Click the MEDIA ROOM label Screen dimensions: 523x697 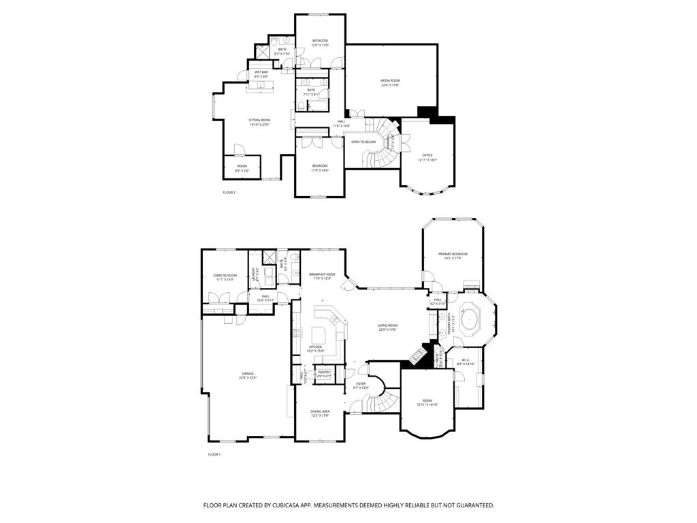(x=389, y=81)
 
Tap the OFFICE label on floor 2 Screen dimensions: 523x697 (x=427, y=155)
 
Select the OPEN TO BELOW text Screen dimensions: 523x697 (x=363, y=142)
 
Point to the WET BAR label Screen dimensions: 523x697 (x=261, y=72)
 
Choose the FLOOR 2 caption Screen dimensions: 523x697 (x=229, y=193)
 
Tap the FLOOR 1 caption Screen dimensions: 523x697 (x=214, y=454)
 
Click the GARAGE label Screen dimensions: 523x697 (x=247, y=373)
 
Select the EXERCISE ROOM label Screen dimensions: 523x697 (x=225, y=275)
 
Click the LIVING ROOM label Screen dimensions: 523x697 (x=387, y=326)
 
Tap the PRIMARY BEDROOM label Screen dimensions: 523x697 (x=453, y=254)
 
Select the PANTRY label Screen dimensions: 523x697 (x=324, y=372)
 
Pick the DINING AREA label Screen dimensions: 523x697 (x=320, y=411)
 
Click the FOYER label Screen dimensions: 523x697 (x=361, y=383)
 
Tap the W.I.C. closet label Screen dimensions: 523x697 (x=466, y=360)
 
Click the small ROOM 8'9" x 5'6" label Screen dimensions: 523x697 (x=242, y=165)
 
